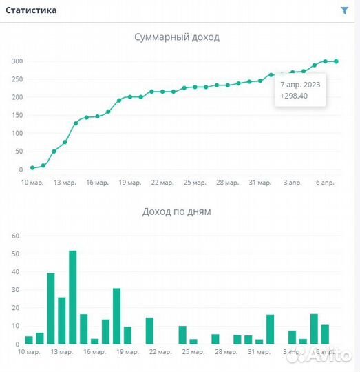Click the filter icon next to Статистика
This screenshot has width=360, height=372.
(x=345, y=10)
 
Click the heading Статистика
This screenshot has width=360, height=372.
(x=32, y=10)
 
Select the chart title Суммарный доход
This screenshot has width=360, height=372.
(x=177, y=37)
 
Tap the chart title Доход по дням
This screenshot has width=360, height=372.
(x=177, y=211)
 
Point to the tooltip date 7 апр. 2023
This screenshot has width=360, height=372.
(x=299, y=84)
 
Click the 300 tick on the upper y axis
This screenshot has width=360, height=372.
(x=17, y=61)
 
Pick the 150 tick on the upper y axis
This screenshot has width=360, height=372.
(x=17, y=115)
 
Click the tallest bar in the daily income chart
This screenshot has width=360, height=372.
(x=72, y=297)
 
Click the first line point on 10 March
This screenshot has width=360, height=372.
(x=32, y=168)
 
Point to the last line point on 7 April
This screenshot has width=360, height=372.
(x=336, y=61)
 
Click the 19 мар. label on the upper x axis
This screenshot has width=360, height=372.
(x=129, y=183)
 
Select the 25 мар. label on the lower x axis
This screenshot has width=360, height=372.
(x=195, y=351)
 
